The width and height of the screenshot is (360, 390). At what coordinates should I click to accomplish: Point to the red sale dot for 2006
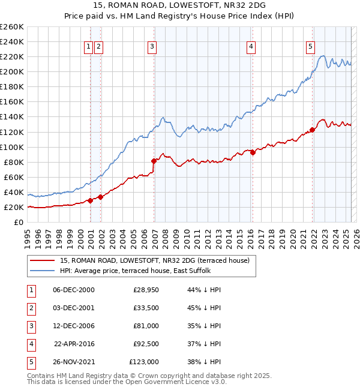[154, 161]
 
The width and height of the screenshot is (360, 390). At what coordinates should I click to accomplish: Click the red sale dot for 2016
[253, 152]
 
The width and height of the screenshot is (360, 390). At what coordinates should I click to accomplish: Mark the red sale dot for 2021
[313, 130]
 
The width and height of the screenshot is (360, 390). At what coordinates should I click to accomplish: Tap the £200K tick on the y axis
[12, 71]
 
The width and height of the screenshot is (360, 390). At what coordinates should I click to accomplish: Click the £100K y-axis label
[12, 147]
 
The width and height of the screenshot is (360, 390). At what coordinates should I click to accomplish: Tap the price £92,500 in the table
[146, 344]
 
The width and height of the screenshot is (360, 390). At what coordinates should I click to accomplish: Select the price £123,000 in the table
[144, 362]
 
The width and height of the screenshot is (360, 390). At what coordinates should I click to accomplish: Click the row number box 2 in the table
[31, 308]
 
